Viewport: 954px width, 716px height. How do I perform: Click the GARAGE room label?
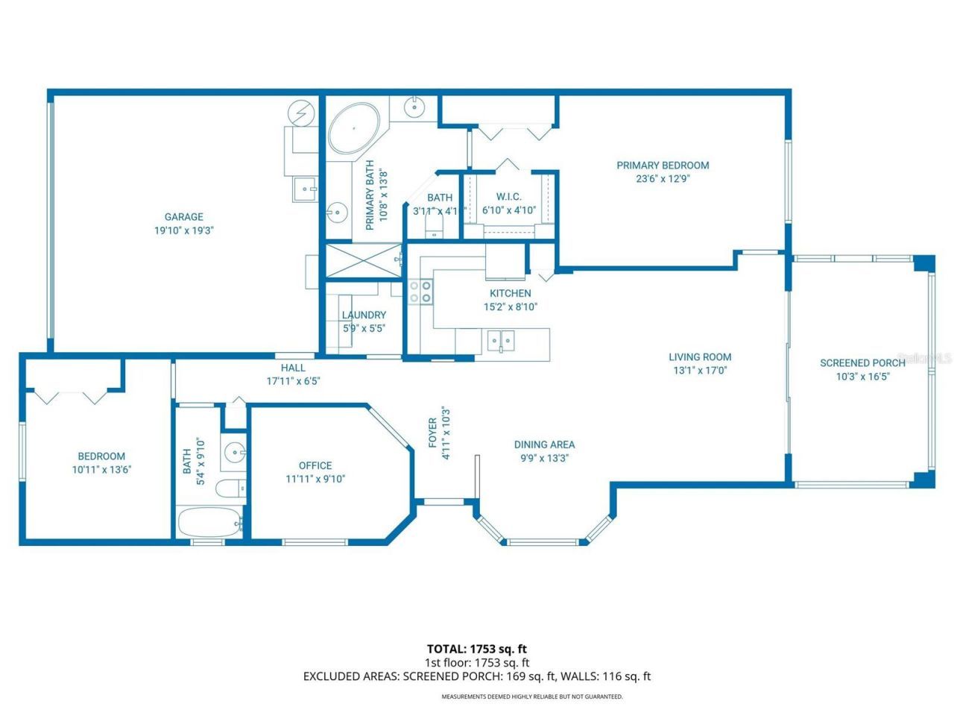click(183, 217)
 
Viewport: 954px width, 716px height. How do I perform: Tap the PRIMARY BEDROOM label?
click(663, 166)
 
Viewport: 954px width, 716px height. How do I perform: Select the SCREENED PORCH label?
click(862, 363)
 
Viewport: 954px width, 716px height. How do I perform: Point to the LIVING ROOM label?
click(699, 357)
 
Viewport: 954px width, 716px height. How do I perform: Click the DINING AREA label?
click(544, 445)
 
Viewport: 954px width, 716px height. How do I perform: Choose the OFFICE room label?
click(315, 465)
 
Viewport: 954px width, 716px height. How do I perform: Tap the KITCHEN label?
click(510, 293)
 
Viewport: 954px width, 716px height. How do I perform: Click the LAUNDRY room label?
click(364, 315)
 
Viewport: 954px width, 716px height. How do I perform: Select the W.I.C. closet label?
click(508, 197)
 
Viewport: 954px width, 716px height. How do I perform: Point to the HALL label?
click(293, 368)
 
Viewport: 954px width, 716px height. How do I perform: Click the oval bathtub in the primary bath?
click(354, 130)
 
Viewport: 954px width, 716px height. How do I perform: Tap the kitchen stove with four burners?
click(420, 291)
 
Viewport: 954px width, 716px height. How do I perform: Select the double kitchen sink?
click(501, 341)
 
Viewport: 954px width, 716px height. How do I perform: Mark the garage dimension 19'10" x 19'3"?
click(183, 231)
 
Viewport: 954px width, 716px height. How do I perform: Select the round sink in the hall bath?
click(236, 452)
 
